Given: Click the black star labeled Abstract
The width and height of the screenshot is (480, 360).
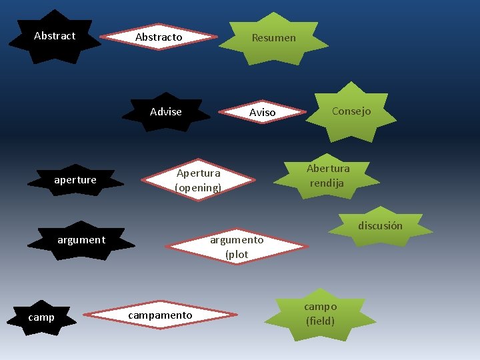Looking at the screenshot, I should (55, 36).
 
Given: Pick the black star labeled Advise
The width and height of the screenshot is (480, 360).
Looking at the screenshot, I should (166, 112).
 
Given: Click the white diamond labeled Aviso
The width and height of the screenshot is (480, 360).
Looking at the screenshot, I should (262, 113).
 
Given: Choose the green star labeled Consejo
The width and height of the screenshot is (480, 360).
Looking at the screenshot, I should (351, 111).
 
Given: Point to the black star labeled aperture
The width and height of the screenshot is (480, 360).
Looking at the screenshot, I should (75, 180).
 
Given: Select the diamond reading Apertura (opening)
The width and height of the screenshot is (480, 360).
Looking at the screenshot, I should (198, 181).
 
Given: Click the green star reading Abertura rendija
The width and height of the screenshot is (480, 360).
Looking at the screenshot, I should (328, 175).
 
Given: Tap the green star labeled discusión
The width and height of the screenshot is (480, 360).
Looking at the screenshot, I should (380, 226).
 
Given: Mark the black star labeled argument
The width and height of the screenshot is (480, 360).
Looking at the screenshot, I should (81, 240).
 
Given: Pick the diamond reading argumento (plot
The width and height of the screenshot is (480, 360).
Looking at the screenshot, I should (237, 247).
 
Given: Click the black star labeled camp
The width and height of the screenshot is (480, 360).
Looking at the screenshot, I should (41, 317).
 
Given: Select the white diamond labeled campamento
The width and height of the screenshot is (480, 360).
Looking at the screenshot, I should (160, 315).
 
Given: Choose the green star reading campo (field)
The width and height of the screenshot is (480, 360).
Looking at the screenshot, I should (321, 313).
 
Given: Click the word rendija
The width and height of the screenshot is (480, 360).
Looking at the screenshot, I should (327, 183).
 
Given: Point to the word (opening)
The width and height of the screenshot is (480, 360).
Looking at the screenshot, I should (198, 188).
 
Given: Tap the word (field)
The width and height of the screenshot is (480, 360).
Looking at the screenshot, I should (321, 321).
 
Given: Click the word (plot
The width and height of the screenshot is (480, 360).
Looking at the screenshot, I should (237, 255).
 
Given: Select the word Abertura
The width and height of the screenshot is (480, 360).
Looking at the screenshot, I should (328, 168).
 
